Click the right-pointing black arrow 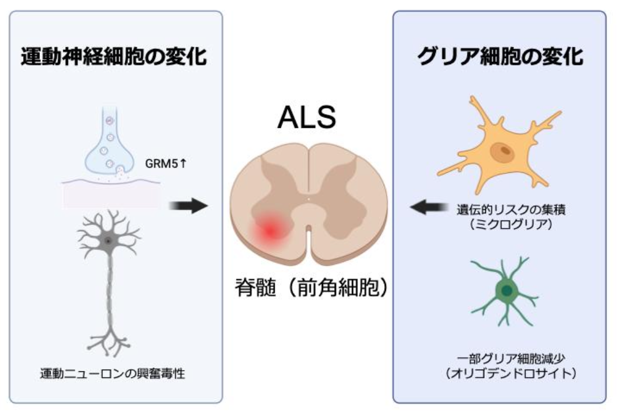(188, 205)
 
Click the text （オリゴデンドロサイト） (499, 374)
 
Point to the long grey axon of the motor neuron (106, 293)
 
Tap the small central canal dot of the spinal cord (308, 199)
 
